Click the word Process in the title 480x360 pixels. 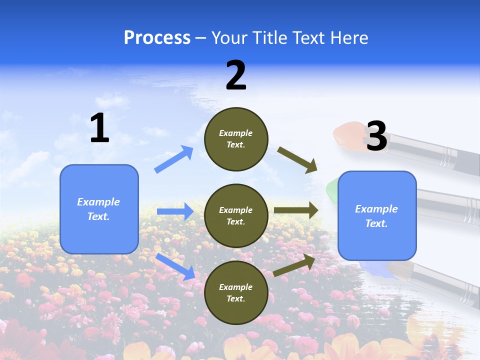[x=157, y=37]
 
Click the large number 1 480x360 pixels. [x=99, y=128]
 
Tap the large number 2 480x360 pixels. [x=236, y=75]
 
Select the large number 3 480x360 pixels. [x=376, y=136]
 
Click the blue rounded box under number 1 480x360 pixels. [x=99, y=209]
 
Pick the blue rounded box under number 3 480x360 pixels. [x=377, y=215]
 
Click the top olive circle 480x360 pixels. [x=236, y=139]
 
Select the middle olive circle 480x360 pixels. [x=236, y=215]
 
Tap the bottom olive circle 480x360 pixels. [x=236, y=292]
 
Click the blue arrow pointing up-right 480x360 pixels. [x=173, y=159]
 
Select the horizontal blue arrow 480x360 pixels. [x=175, y=211]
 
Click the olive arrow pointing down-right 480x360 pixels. [x=297, y=159]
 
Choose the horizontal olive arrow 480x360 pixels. [x=296, y=210]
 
